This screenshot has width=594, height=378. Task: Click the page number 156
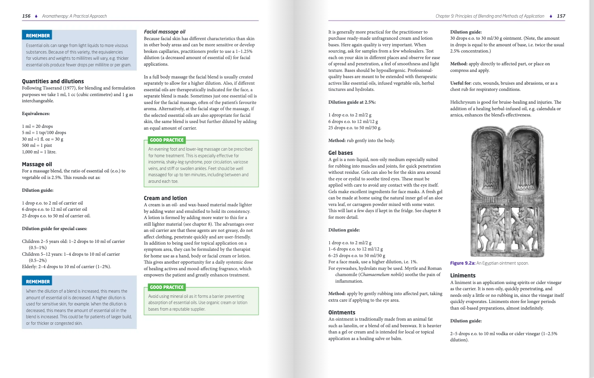pos(26,16)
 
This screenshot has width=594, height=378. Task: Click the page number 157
pos(561,16)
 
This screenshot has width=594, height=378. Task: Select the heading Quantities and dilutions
pos(53,81)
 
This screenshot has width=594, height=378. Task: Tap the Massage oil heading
pos(37,164)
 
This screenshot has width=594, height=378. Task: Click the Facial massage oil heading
pos(165,32)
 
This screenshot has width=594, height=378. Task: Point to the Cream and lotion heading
pos(165,198)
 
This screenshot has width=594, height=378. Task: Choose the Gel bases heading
pos(341,153)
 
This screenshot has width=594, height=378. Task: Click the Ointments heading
pos(342,312)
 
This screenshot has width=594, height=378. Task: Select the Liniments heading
pos(463,275)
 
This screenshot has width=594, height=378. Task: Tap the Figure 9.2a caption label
pos(463,263)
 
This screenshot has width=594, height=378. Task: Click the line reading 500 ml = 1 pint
pos(37,145)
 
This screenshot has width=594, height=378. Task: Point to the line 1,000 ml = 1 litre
pos(39,152)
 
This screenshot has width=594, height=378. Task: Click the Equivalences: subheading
pos(36,114)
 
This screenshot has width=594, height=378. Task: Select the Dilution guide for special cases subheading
pos(55,228)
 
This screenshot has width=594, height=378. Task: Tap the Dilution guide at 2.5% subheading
pos(352,102)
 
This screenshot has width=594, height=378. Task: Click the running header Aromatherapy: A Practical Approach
pos(74,16)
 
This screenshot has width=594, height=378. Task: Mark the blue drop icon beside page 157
pos(551,16)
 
